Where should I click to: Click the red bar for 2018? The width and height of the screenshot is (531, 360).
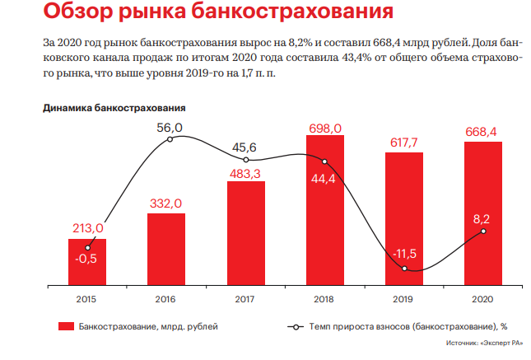(x=324, y=210)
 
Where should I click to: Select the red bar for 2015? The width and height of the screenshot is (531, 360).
(x=86, y=262)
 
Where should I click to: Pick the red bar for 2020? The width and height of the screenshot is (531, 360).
(x=483, y=213)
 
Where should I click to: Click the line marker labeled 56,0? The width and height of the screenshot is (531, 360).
(x=170, y=140)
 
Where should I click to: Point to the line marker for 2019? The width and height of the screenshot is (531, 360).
(x=404, y=268)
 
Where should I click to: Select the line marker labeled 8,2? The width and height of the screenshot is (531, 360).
(x=484, y=231)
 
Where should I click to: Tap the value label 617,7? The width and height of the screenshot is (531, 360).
(x=404, y=143)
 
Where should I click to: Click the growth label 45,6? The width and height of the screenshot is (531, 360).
(x=245, y=147)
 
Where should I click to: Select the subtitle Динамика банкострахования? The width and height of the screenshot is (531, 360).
(x=114, y=108)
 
